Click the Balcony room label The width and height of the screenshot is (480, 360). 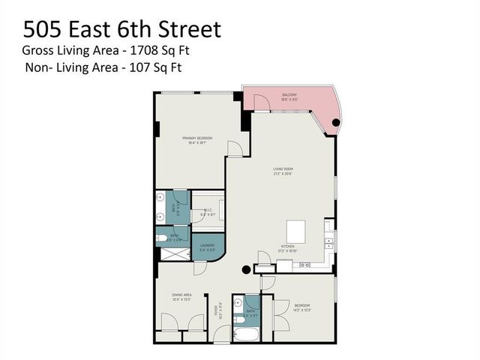289,95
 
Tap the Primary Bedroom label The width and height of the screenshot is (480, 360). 199,139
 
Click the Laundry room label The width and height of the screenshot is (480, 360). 207,247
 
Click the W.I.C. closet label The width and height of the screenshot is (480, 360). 208,213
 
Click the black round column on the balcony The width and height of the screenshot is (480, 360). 336,122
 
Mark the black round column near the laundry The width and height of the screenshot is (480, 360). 244,271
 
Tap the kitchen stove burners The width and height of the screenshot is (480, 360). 305,265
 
